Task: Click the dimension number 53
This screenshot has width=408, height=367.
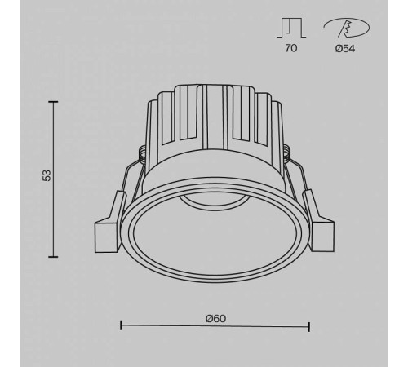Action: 47,176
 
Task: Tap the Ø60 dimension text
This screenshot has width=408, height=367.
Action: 215,317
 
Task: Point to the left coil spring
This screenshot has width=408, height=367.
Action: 144,154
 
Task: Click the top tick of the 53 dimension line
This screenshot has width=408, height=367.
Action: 54,101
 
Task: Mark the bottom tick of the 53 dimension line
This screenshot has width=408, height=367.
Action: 54,255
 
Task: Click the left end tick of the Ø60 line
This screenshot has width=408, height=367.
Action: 121,326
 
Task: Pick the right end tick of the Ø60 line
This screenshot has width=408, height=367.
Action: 309,326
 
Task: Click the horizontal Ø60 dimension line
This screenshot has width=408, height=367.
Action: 215,326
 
